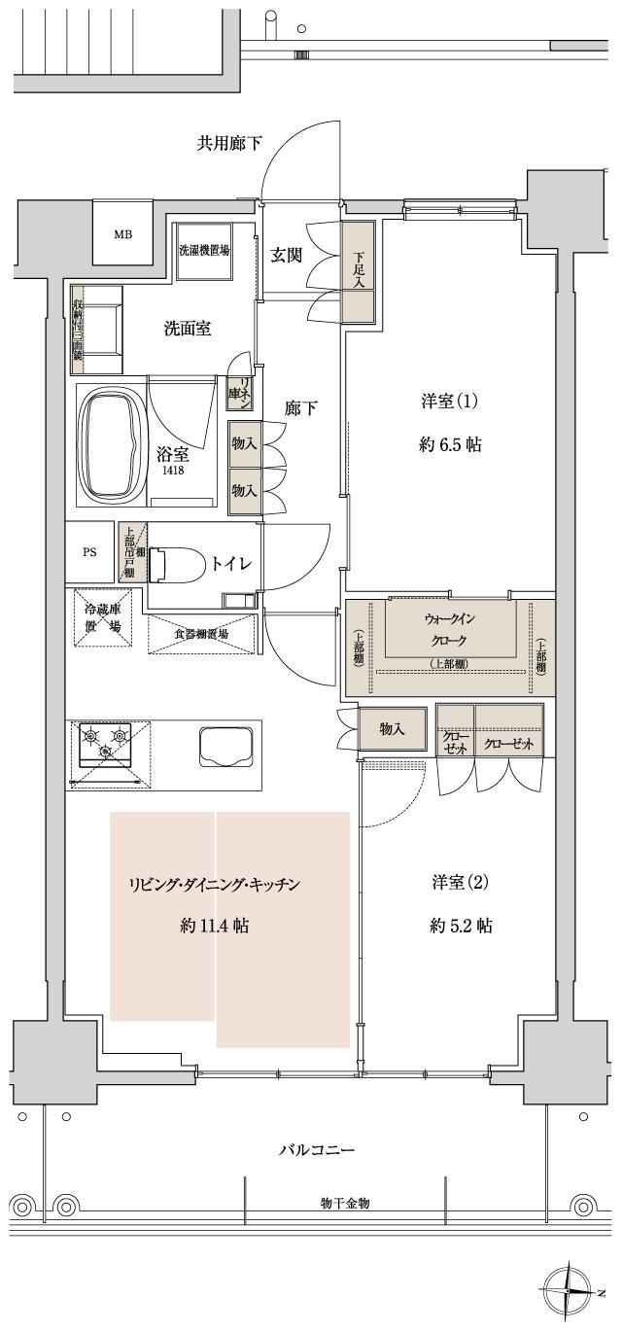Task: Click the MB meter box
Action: [x=122, y=234]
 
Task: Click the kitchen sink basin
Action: [x=226, y=748]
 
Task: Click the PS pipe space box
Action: [x=89, y=551]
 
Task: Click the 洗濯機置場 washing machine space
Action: [x=204, y=250]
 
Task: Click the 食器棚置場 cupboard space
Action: [x=201, y=634]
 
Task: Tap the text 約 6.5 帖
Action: [x=451, y=445]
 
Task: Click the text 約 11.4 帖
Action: [x=214, y=926]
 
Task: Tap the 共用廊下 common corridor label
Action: [x=229, y=144]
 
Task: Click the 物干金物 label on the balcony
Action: [x=345, y=1203]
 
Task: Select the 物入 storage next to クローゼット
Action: [x=392, y=729]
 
